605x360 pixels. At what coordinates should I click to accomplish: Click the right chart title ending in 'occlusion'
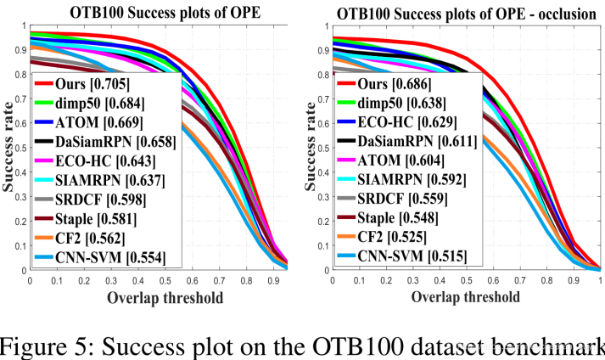[x=462, y=11]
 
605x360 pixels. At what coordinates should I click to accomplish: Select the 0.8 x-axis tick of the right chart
[x=546, y=280]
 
